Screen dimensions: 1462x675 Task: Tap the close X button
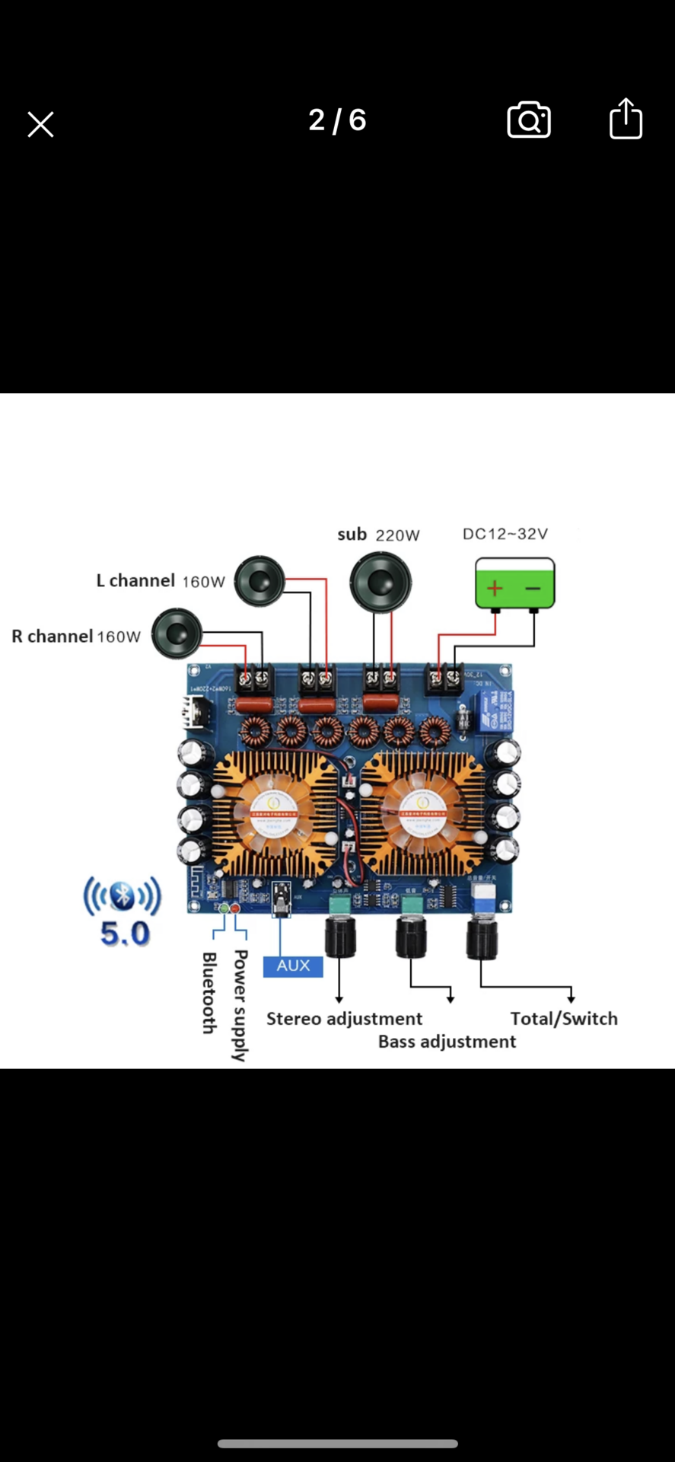pyautogui.click(x=40, y=124)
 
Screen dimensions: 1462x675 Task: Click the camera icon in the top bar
pyautogui.click(x=529, y=120)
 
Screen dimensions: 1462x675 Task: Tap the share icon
pyautogui.click(x=626, y=119)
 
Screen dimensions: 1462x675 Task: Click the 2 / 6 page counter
pyautogui.click(x=337, y=120)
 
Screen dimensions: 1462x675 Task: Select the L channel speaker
pyautogui.click(x=259, y=582)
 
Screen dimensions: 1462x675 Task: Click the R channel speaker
pyautogui.click(x=177, y=634)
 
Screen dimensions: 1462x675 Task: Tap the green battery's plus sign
pyautogui.click(x=495, y=588)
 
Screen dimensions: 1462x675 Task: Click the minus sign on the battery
pyautogui.click(x=533, y=588)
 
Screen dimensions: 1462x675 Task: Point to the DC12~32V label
pyautogui.click(x=505, y=534)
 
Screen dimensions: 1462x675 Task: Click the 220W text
pyautogui.click(x=398, y=535)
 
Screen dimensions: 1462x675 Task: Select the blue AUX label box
pyautogui.click(x=293, y=966)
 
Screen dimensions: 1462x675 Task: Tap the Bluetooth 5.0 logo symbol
pyautogui.click(x=123, y=895)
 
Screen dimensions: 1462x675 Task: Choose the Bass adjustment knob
pyautogui.click(x=412, y=937)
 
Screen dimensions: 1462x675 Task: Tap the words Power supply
pyautogui.click(x=240, y=1005)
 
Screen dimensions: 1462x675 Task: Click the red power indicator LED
pyautogui.click(x=235, y=908)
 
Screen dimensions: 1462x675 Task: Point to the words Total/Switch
pyautogui.click(x=564, y=1019)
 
